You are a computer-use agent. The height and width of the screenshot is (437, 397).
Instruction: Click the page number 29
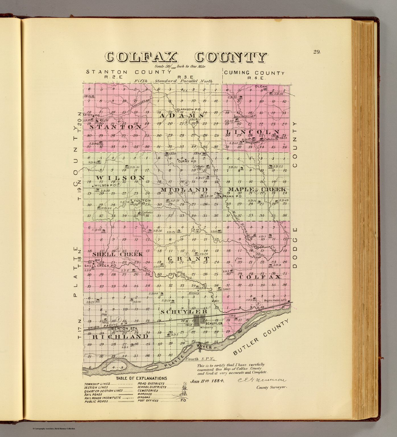[317, 52]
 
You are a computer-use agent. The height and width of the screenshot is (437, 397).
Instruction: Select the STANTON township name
[116, 127]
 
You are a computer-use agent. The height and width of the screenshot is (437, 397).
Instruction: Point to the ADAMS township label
[181, 116]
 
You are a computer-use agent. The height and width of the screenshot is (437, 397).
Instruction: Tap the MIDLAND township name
[184, 189]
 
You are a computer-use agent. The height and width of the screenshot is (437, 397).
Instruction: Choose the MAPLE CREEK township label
[256, 189]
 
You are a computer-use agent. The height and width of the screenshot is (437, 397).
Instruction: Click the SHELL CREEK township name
[117, 254]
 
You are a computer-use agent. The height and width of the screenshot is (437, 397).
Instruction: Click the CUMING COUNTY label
[254, 73]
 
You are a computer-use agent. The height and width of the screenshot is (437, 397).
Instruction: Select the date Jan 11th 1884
[207, 381]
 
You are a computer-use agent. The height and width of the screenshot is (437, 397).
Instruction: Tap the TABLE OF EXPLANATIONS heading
[141, 378]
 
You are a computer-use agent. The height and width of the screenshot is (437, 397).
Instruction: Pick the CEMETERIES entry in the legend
[148, 391]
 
